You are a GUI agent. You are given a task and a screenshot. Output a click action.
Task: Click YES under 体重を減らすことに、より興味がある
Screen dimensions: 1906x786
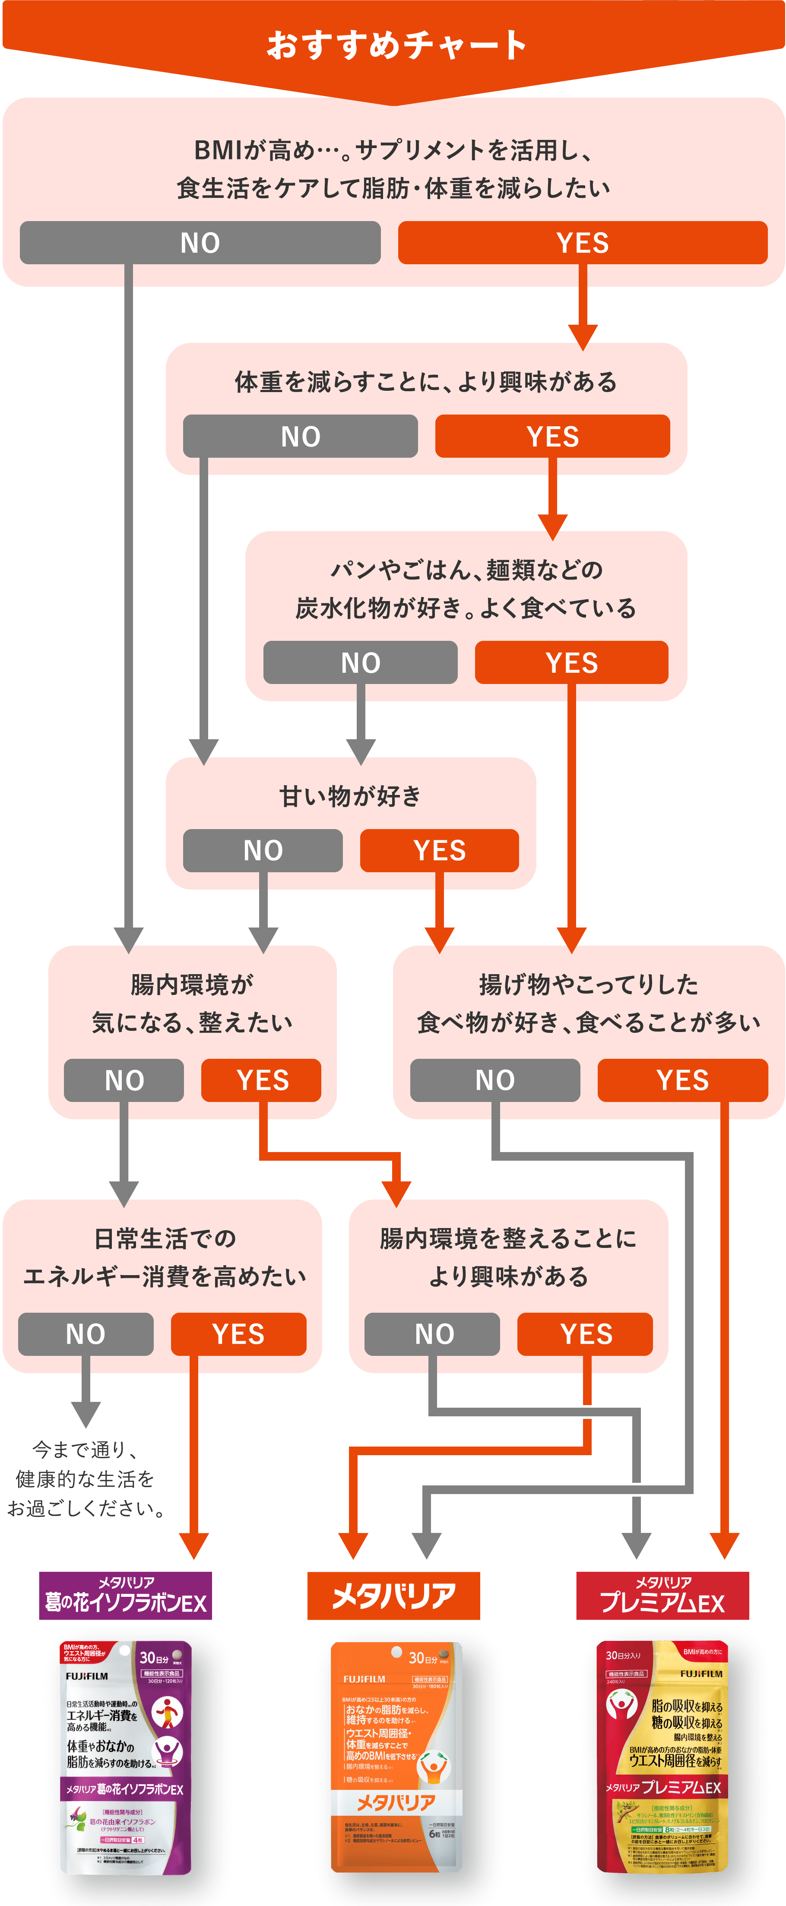pos(552,436)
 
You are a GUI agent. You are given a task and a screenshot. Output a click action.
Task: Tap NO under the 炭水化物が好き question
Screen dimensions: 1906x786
pos(361,662)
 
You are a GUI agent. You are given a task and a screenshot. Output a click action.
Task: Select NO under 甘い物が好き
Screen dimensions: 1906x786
pos(263,850)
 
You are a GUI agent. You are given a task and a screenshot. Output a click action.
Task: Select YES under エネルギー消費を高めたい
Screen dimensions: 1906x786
pos(238,1334)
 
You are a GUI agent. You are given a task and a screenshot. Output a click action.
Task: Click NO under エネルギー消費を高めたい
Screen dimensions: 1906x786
pos(86,1334)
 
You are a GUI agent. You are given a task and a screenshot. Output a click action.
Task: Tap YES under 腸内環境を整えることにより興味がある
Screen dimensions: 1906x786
pos(585,1334)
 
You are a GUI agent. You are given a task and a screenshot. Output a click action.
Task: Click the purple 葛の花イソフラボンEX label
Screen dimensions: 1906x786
pos(125,1595)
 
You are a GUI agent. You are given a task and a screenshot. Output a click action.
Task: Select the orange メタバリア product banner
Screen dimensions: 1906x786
pos(394,1595)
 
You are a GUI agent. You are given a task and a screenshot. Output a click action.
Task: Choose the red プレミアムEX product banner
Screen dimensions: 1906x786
pos(662,1595)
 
